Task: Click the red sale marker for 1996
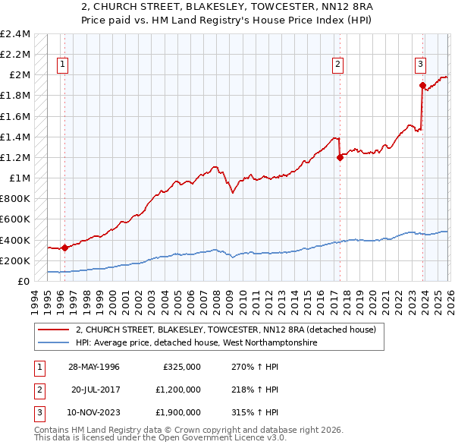pos(64,248)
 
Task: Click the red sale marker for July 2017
pos(340,157)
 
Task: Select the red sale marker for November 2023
pos(422,85)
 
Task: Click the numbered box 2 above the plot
pos(337,65)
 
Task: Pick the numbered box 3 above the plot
pos(419,65)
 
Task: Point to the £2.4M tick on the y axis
pos(16,34)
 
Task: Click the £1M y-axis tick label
pos(20,178)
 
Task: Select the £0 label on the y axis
pos(24,281)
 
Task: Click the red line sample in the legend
pos(54,330)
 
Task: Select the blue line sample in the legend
pos(54,343)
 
